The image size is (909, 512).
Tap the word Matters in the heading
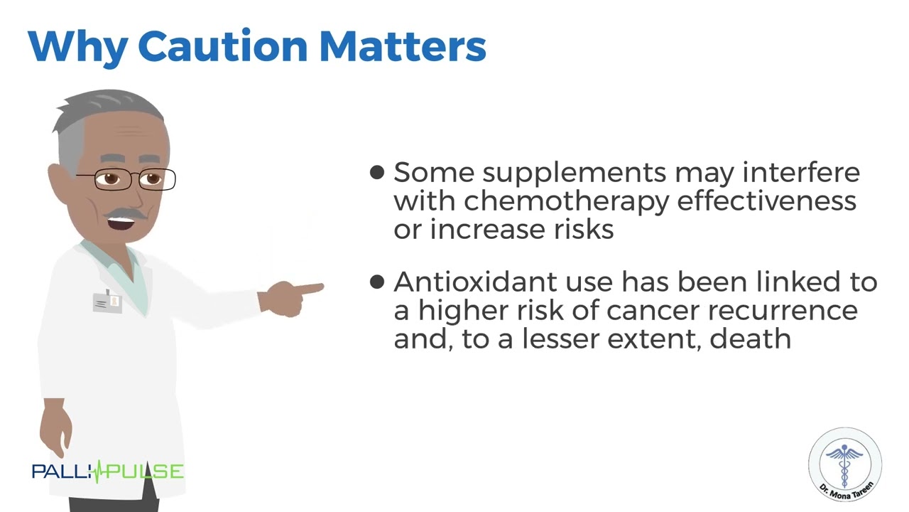click(x=403, y=46)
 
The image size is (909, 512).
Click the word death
click(x=751, y=338)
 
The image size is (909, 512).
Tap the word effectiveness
click(x=766, y=201)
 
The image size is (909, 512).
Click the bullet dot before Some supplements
click(x=377, y=172)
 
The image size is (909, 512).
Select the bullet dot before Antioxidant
click(x=377, y=282)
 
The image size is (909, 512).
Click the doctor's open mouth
click(x=121, y=223)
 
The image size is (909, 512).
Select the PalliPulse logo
click(x=107, y=471)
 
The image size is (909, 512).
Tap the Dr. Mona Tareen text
click(x=846, y=490)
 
